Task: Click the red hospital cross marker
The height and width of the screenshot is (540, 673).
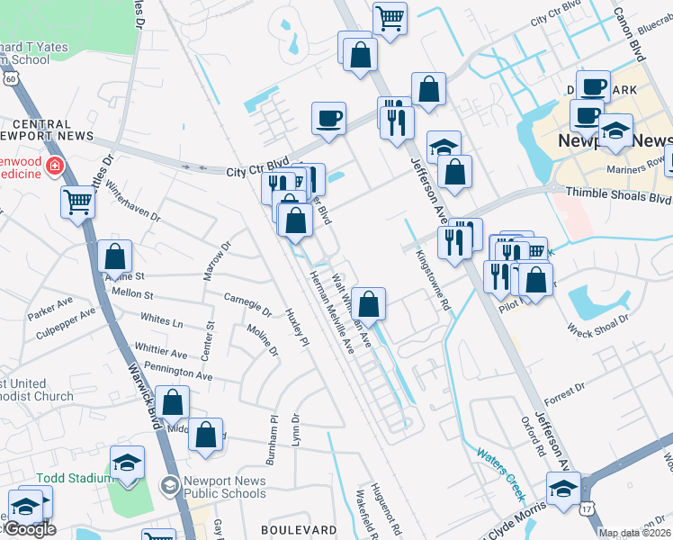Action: click(x=54, y=166)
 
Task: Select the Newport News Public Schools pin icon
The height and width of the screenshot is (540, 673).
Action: click(x=169, y=487)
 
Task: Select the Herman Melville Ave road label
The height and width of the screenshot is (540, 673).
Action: click(x=332, y=312)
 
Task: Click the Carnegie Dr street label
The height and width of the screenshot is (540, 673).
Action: click(x=247, y=304)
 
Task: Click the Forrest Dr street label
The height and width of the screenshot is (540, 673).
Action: click(x=564, y=389)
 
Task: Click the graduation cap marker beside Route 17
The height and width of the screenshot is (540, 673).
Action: click(x=564, y=490)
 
